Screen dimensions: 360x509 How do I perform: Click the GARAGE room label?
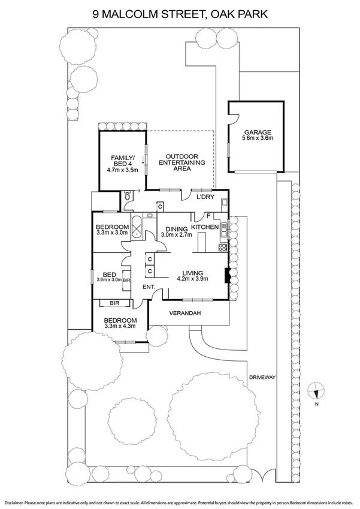click(258, 132)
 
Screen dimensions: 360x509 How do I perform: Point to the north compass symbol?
click(316, 393)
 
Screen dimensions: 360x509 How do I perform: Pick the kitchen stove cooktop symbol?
click(225, 246)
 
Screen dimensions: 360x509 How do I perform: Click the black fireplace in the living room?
click(226, 275)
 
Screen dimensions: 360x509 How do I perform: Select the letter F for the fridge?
click(208, 216)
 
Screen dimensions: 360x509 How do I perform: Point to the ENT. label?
click(149, 288)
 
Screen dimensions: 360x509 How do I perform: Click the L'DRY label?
click(205, 197)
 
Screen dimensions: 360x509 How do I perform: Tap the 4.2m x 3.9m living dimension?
click(192, 278)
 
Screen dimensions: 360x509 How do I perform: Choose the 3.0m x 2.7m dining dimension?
click(176, 234)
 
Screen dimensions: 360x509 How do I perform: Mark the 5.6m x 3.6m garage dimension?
click(258, 138)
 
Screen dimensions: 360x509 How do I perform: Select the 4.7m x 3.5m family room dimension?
click(123, 170)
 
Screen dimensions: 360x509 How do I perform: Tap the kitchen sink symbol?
click(225, 229)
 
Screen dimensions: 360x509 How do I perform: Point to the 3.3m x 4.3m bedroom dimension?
click(120, 327)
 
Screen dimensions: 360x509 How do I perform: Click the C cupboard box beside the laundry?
click(161, 206)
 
